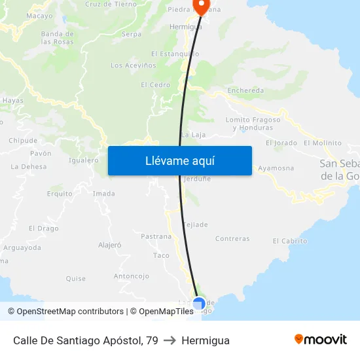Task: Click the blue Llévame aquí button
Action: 179,160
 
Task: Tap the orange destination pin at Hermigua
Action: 199,7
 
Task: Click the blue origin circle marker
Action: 199,304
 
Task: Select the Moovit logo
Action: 321,340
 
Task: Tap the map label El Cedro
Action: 155,85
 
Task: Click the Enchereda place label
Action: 245,91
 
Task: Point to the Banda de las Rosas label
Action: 57,37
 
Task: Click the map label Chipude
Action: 23,141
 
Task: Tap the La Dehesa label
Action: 29,167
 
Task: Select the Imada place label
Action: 103,194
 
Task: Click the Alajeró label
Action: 110,245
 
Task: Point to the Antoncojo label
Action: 132,276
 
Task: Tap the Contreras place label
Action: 232,239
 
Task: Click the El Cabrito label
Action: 290,241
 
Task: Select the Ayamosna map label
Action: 276,168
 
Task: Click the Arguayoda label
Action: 22,248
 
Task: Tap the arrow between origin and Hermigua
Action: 170,340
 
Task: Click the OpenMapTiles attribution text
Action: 162,312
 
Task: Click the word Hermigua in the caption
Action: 206,340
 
